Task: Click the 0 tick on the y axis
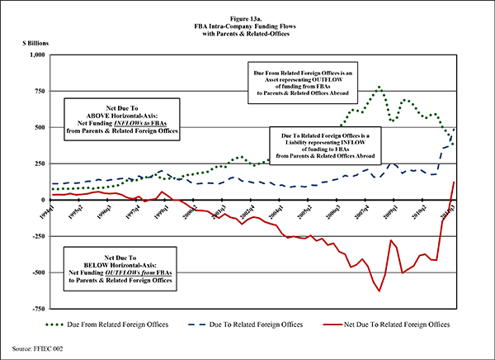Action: pos(45,200)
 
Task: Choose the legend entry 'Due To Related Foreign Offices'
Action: pos(259,325)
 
